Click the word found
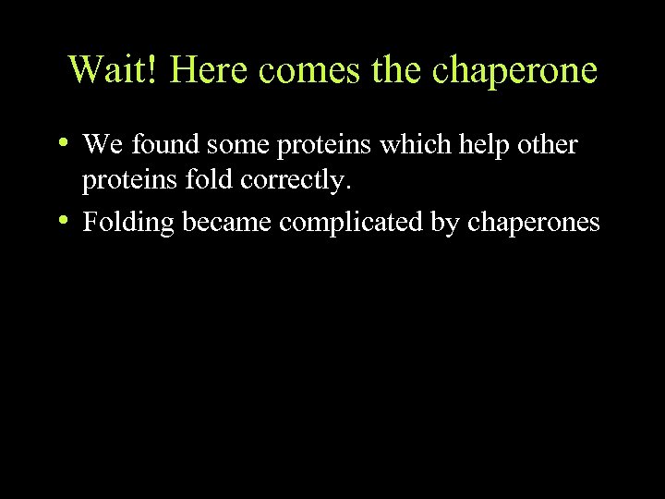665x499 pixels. pos(164,144)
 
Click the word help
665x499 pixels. pos(472,146)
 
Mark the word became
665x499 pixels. pos(221,223)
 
